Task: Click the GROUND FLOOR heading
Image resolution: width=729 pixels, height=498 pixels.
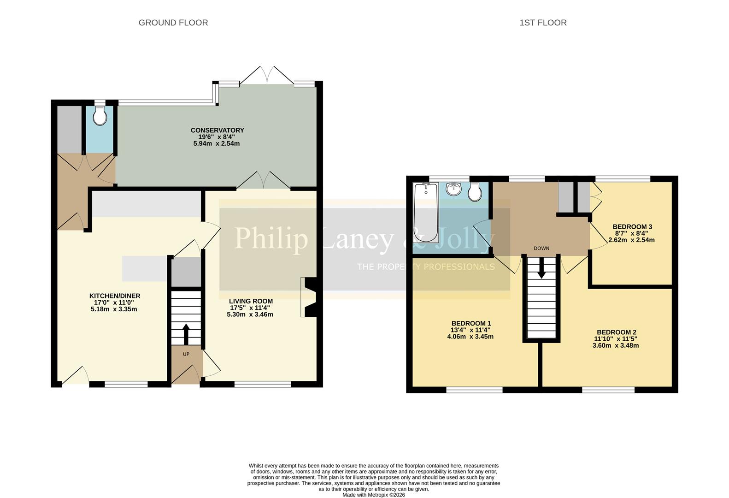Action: pyautogui.click(x=173, y=23)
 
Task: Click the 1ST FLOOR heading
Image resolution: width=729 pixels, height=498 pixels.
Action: pyautogui.click(x=543, y=23)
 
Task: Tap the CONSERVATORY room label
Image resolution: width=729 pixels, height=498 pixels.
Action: pyautogui.click(x=217, y=130)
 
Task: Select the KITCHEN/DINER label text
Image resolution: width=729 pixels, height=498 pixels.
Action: pyautogui.click(x=115, y=296)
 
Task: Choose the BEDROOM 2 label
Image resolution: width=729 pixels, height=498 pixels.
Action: pyautogui.click(x=616, y=332)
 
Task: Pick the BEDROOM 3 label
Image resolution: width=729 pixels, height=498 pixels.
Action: pyautogui.click(x=632, y=227)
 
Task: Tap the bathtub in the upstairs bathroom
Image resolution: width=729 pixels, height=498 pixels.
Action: pyautogui.click(x=426, y=212)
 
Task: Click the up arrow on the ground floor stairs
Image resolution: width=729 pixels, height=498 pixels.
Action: pyautogui.click(x=186, y=334)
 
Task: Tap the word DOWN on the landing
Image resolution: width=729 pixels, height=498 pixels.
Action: pyautogui.click(x=541, y=248)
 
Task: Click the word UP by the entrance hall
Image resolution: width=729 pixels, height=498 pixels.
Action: pyautogui.click(x=186, y=354)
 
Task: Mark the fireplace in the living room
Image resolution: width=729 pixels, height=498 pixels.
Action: pyautogui.click(x=308, y=296)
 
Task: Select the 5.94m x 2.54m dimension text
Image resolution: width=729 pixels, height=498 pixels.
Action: pyautogui.click(x=217, y=143)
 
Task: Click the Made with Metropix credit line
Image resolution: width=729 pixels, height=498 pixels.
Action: pyautogui.click(x=373, y=495)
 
